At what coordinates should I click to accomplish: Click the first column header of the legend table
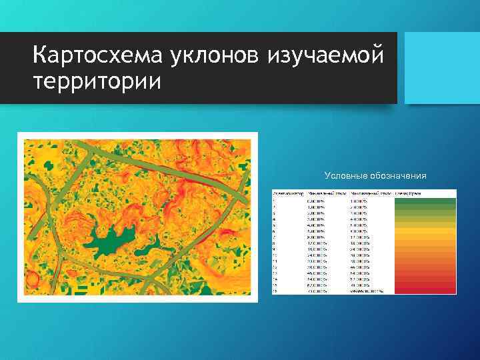pyautogui.click(x=287, y=193)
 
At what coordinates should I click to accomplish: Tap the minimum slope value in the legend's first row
pyautogui.click(x=318, y=200)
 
